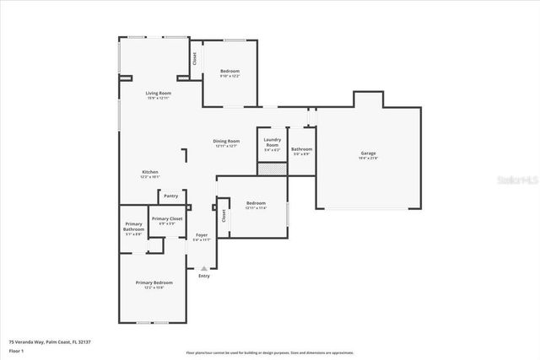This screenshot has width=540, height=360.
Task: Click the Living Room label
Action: point(158,93)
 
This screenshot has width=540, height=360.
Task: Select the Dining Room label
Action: point(226,141)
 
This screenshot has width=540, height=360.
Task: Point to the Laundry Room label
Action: point(272,142)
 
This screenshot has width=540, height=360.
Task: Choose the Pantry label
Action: point(170,195)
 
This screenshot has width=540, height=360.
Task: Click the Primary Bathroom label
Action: point(133,227)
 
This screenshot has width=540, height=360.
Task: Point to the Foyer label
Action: point(202,235)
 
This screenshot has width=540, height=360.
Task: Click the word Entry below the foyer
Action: point(203,276)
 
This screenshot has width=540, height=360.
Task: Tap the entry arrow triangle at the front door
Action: point(203,267)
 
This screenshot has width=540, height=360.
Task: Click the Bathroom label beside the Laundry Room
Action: point(301,149)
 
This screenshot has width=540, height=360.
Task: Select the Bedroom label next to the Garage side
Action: point(256,203)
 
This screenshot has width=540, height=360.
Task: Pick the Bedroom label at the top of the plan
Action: point(229,71)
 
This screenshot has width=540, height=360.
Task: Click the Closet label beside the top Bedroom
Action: point(195,59)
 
